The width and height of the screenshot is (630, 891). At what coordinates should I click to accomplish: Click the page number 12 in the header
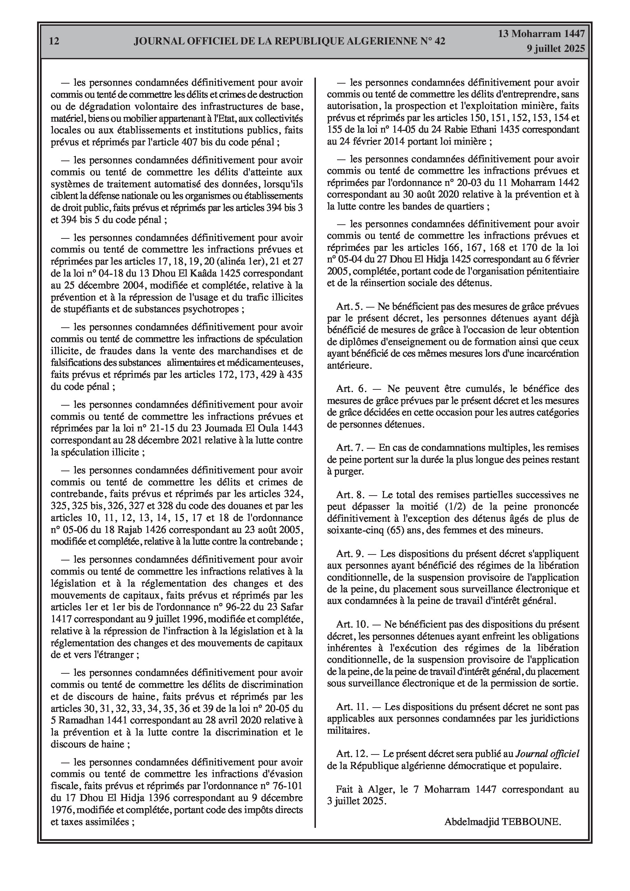(x=54, y=41)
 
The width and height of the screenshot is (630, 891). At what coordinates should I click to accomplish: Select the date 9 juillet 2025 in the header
(x=556, y=49)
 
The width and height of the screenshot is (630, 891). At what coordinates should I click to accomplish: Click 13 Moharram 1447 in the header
(x=541, y=34)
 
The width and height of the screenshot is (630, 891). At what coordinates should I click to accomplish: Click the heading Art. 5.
(x=349, y=307)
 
